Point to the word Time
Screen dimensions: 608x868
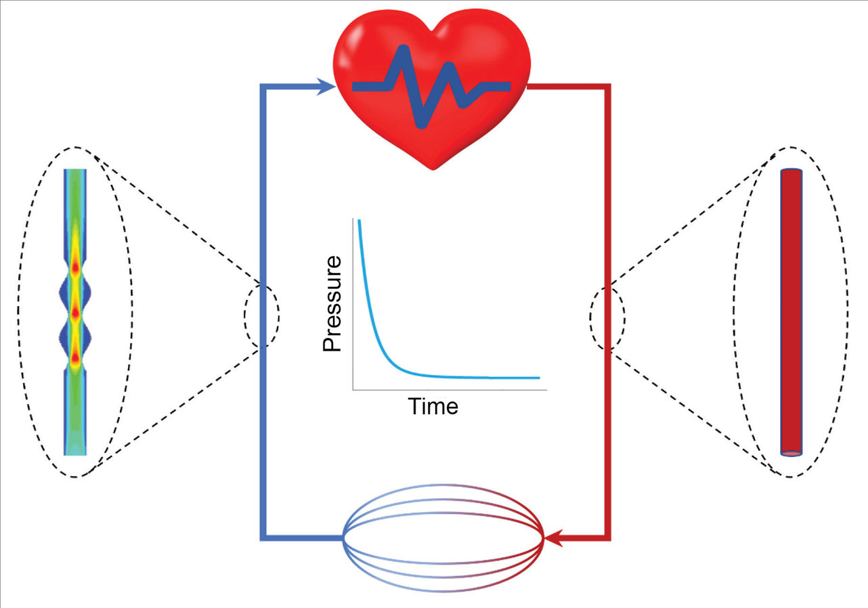click(x=433, y=406)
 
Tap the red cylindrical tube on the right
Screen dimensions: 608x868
click(x=791, y=311)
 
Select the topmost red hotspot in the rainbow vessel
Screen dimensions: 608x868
click(x=75, y=268)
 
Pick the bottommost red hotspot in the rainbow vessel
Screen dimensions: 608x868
click(x=75, y=356)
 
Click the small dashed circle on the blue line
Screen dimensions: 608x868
click(x=261, y=316)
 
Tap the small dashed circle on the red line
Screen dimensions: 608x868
click(x=607, y=318)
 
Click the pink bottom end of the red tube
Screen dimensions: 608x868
click(x=791, y=452)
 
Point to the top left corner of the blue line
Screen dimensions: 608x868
click(x=263, y=87)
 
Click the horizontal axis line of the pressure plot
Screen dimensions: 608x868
click(x=447, y=390)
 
